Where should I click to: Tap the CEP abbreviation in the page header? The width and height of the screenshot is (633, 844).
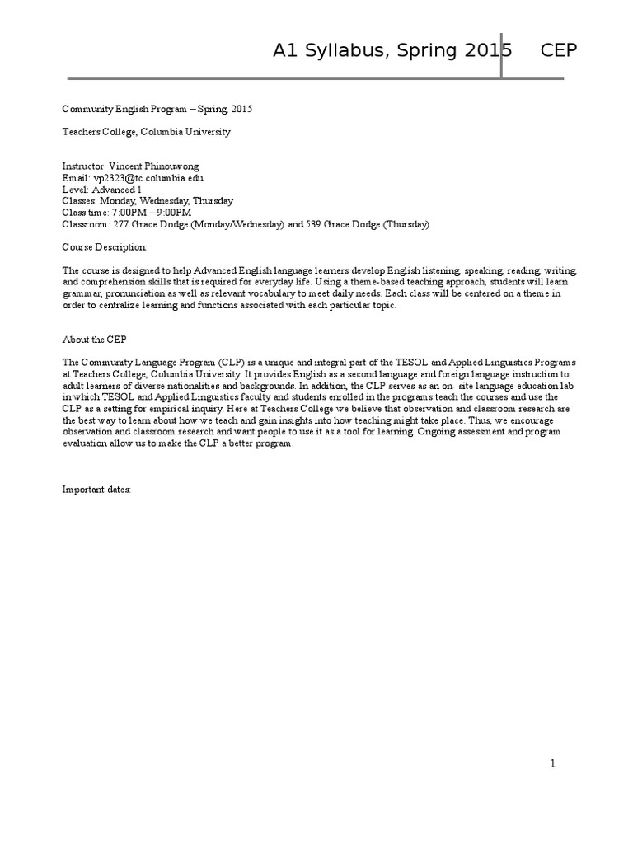(559, 51)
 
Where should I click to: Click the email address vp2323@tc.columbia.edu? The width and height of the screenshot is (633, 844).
(148, 177)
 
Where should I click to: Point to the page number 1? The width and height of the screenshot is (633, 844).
(553, 763)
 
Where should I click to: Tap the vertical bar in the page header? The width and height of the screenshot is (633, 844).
(501, 56)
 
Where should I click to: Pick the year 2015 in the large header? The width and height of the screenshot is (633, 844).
(487, 51)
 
